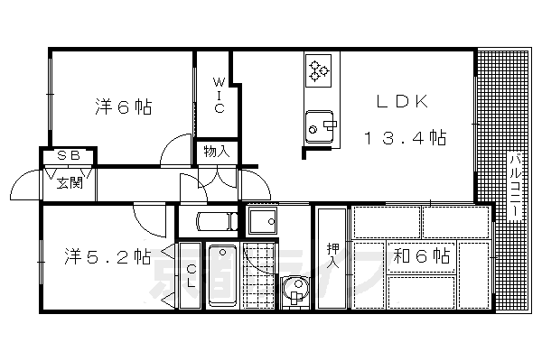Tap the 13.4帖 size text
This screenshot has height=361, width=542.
[405, 138]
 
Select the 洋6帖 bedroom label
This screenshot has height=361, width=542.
[121, 107]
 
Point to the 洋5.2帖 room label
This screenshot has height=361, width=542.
[107, 255]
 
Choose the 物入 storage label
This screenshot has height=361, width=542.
[217, 152]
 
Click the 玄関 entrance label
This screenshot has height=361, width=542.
[70, 183]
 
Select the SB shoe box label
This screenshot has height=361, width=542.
[69, 155]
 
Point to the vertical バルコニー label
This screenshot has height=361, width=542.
[512, 185]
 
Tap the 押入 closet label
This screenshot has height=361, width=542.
[332, 255]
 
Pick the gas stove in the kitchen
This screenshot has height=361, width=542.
[320, 70]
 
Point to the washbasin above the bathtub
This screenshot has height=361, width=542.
[208, 221]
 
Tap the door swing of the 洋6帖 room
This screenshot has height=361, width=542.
[176, 151]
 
